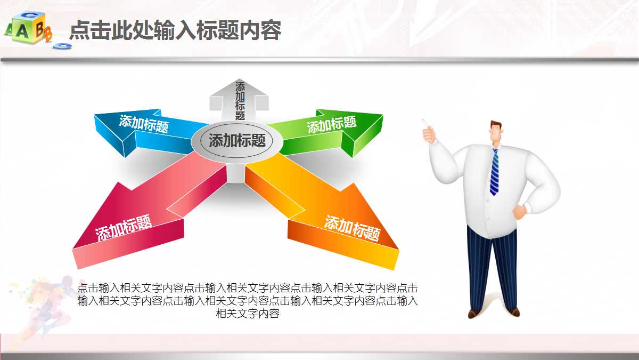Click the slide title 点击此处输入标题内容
tap(175, 30)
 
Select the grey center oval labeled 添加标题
tap(237, 141)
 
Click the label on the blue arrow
tap(144, 124)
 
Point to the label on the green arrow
tap(331, 125)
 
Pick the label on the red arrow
tap(124, 228)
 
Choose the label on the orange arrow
tap(353, 228)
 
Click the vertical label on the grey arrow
tap(240, 100)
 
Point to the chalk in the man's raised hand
tap(425, 123)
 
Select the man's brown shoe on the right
tap(513, 311)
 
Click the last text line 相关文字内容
tap(248, 314)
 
